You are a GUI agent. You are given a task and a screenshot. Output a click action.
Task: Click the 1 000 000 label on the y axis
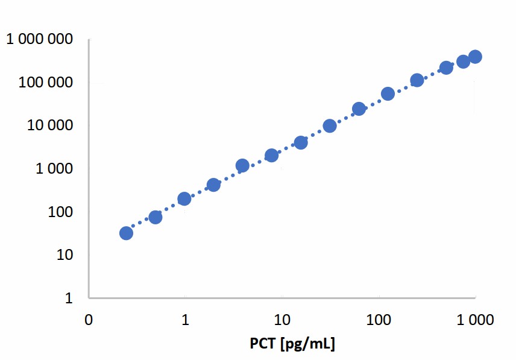point(40,40)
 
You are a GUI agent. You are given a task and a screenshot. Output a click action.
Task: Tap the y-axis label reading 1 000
point(55,169)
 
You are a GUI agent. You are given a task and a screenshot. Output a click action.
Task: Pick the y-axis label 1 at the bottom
point(69,298)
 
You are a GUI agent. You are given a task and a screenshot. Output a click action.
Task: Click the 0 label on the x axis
point(89,320)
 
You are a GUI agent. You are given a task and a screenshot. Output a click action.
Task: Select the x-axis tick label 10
point(280,320)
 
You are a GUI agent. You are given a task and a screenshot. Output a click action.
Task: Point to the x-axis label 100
point(378,320)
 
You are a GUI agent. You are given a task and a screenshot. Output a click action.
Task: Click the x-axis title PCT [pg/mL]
point(292,344)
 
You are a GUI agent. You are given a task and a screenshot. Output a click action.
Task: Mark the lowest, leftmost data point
point(126,233)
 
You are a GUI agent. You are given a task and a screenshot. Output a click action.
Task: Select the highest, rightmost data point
point(475,57)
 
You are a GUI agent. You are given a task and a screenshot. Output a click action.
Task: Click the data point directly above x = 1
point(184,198)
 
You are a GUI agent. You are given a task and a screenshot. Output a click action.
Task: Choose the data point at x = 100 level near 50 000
point(388,93)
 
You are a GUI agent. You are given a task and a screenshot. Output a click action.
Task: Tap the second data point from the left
point(155,217)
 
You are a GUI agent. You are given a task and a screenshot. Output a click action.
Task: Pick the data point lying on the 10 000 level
point(330,125)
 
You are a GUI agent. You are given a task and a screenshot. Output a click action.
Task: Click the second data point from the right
point(463,62)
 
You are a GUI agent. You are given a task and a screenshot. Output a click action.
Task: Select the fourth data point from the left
point(213,185)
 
